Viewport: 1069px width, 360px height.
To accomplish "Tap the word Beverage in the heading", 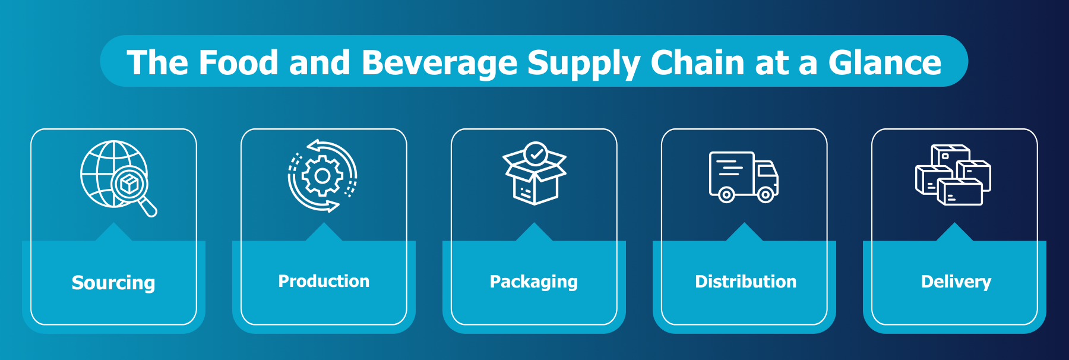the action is (439, 62).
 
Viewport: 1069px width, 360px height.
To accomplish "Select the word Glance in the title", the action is (885, 62).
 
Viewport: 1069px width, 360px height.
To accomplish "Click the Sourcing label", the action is (113, 283).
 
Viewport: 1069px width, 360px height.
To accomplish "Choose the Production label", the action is (324, 281).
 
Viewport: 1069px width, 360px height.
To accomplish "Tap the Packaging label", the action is (533, 282).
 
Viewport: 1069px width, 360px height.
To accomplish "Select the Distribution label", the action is (745, 282).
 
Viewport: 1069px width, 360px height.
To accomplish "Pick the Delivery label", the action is (956, 282).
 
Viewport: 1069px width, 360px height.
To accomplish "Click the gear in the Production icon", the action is (322, 176).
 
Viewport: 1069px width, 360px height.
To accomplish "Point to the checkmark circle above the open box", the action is (536, 153).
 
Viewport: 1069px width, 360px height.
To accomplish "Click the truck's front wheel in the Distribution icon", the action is (766, 194).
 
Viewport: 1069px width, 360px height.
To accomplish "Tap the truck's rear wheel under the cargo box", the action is (726, 194).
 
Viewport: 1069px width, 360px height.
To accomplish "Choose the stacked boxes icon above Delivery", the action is (953, 175).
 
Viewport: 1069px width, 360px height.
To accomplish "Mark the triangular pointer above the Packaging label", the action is (534, 232).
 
